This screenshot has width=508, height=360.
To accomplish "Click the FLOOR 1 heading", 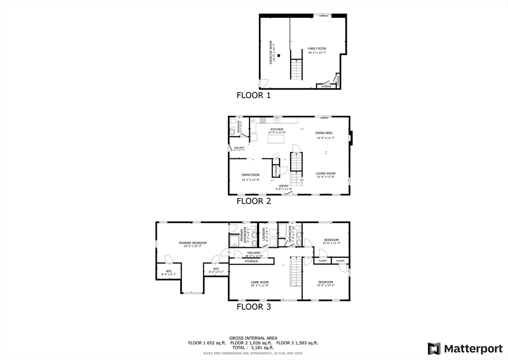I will coord(254,95).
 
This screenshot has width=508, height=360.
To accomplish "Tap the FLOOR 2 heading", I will coord(254,201).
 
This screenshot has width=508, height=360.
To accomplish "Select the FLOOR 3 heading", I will coord(254,307).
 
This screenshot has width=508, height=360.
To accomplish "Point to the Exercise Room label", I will coord(271,52).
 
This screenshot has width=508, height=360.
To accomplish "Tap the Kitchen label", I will coord(277,130).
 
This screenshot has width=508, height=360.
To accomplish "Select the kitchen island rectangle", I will coord(277,139).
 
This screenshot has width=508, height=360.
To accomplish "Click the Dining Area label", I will coord(324,133).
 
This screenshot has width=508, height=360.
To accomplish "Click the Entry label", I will coord(284,186).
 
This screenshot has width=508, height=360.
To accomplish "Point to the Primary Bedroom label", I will coord(192,243).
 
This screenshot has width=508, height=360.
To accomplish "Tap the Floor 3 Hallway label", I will coord(254,253).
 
